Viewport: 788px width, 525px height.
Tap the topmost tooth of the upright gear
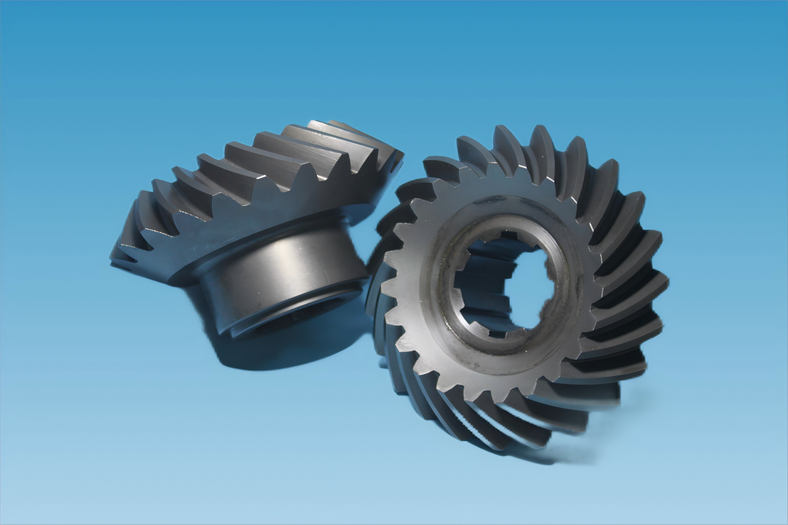[506, 141]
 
